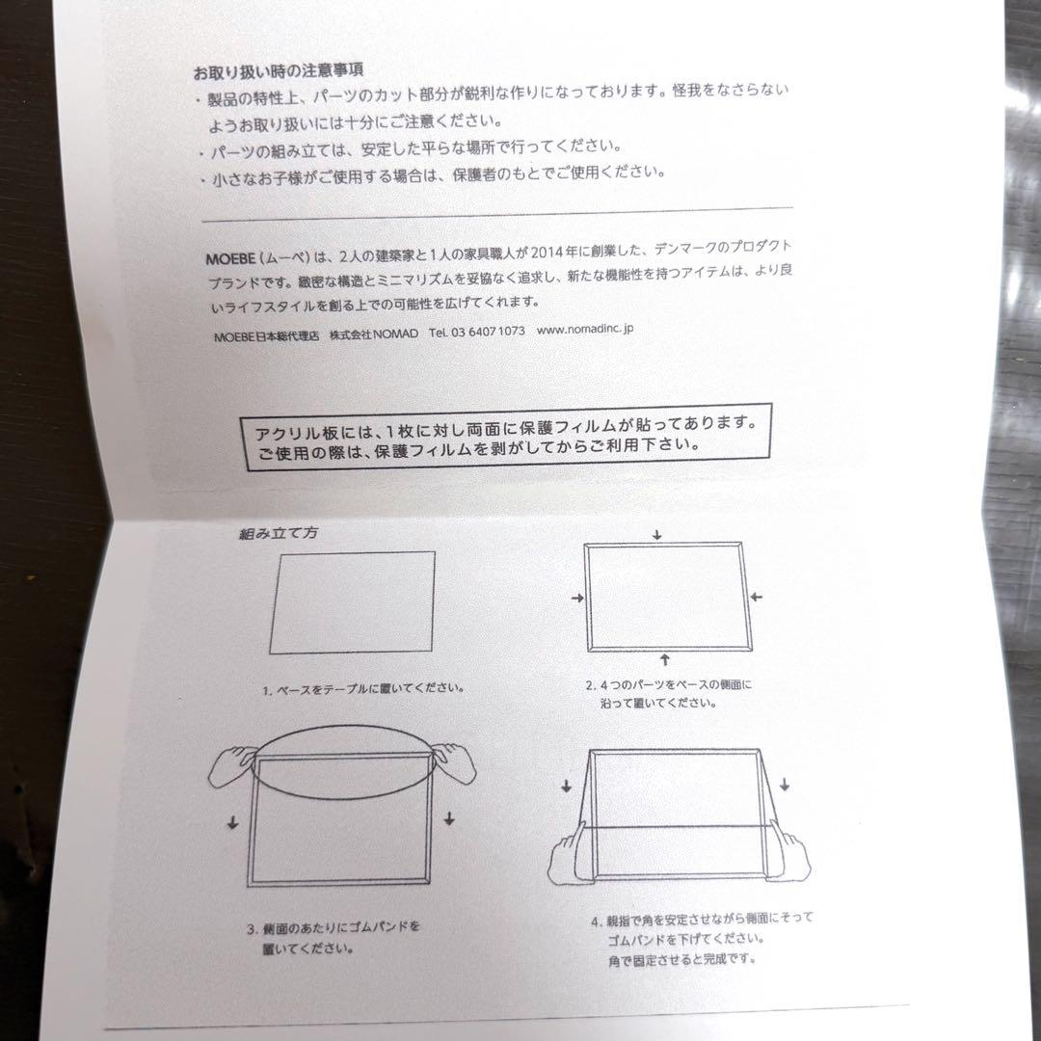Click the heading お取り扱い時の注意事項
point(279,71)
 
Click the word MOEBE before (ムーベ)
point(229,259)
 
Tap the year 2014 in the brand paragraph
point(547,253)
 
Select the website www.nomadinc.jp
point(585,330)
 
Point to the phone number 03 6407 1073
point(488,332)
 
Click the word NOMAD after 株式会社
point(396,334)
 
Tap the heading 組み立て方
point(279,533)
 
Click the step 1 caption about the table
point(363,689)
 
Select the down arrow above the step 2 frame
point(656,534)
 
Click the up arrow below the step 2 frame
point(665,659)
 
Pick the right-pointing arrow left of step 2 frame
point(577,599)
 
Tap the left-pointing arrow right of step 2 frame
point(757,597)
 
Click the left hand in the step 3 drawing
point(231,766)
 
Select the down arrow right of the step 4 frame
point(784,785)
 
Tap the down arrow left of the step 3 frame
point(232,822)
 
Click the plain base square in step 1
point(352,602)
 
